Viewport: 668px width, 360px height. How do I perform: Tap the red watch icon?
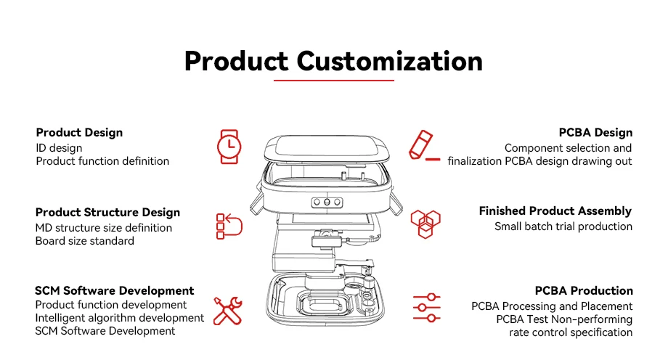[229, 146]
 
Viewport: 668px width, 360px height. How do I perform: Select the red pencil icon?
[423, 146]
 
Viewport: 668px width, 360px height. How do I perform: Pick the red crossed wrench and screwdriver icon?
[228, 310]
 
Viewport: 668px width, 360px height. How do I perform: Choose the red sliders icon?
[427, 308]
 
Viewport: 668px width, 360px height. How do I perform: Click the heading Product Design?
[79, 133]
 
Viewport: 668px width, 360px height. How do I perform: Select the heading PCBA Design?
[595, 133]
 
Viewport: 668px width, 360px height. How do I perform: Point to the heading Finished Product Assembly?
[555, 211]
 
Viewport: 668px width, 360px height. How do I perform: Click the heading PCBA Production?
[584, 291]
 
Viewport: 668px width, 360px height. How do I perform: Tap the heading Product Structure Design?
[107, 213]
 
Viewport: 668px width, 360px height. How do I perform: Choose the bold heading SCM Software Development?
[115, 291]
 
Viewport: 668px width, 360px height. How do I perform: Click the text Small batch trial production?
[563, 226]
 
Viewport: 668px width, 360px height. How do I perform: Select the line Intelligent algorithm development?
[120, 318]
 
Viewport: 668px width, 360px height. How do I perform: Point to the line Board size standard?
[84, 241]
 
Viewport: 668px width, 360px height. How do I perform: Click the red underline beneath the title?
[333, 81]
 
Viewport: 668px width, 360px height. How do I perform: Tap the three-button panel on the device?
[327, 202]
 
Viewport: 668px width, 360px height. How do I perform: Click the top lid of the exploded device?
[327, 149]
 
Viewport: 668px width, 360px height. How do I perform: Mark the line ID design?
[59, 148]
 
